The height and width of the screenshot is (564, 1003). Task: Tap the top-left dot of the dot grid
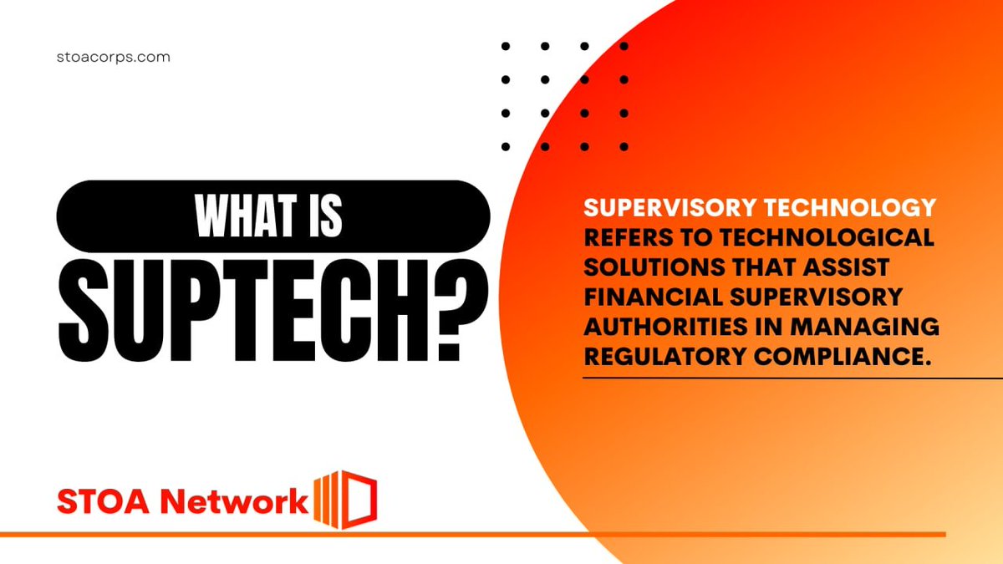click(506, 47)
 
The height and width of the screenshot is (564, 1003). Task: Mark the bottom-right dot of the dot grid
click(624, 146)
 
